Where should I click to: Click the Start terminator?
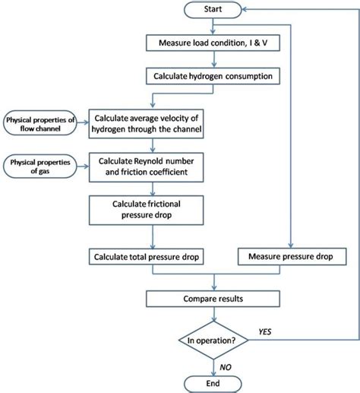tap(213, 10)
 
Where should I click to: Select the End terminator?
tap(213, 384)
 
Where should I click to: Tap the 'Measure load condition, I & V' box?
tap(213, 43)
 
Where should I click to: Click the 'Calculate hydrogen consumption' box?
tap(213, 76)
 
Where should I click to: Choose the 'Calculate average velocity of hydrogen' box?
tap(146, 124)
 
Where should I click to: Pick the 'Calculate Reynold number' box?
tap(146, 167)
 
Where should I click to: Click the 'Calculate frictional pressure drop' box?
tap(146, 210)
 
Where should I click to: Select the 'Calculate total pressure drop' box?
tap(146, 257)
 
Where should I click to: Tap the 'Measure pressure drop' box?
tap(292, 256)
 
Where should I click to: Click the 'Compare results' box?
tap(213, 299)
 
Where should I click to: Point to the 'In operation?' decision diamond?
tap(213, 340)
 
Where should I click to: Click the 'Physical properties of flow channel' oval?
tap(40, 123)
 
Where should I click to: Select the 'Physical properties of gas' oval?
tap(40, 166)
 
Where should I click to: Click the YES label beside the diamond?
tap(265, 331)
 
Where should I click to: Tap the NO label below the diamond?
tap(226, 367)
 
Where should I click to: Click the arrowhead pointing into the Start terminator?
tap(245, 10)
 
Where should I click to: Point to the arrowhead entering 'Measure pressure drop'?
tap(291, 246)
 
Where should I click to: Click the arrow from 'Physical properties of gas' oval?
tap(83, 166)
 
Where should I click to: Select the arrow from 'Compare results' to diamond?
tap(214, 314)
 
